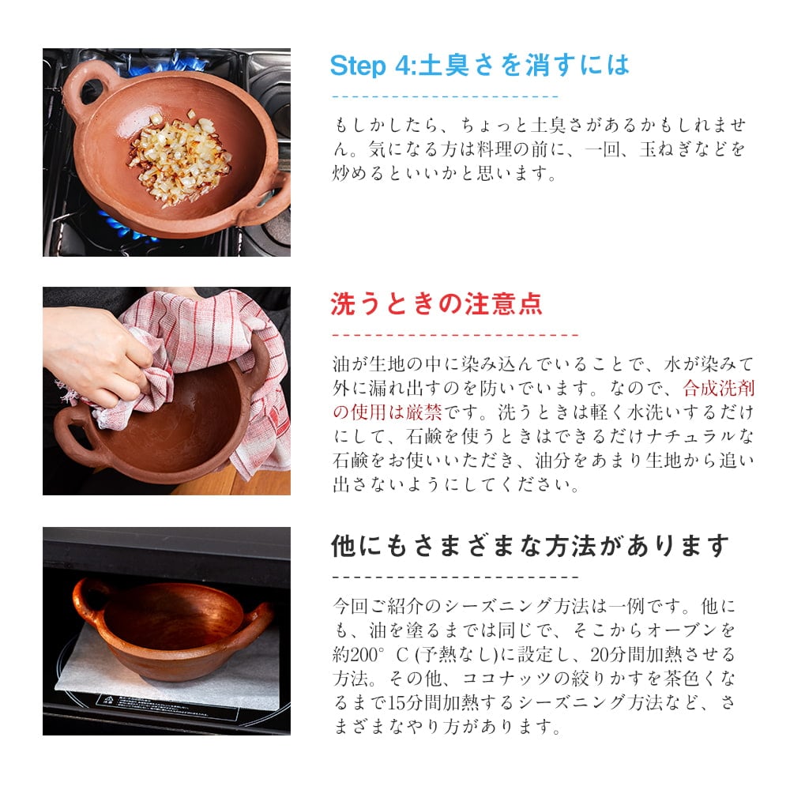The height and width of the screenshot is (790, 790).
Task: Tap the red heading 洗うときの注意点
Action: tap(436, 304)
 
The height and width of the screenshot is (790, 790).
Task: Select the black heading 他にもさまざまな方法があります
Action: tap(530, 546)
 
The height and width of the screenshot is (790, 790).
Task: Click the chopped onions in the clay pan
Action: tap(180, 159)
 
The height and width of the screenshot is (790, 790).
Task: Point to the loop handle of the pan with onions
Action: tap(88, 91)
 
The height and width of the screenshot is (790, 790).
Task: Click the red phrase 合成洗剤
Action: tap(719, 388)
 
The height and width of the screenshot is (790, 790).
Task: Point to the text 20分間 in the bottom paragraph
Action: tap(617, 654)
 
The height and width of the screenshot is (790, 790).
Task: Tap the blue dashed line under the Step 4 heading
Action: tap(445, 96)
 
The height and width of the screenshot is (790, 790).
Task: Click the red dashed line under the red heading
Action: tap(455, 334)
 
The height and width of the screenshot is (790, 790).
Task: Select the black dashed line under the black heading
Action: tap(455, 577)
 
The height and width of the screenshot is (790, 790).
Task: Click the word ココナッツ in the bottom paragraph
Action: tap(506, 679)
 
